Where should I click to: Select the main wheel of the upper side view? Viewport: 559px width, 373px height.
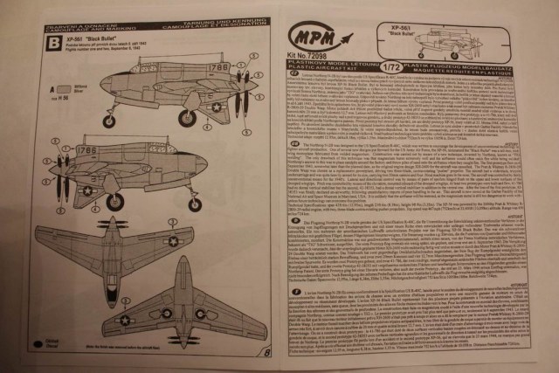pyautogui.click(x=187, y=118)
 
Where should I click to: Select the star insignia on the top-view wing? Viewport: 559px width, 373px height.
pyautogui.click(x=173, y=241)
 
